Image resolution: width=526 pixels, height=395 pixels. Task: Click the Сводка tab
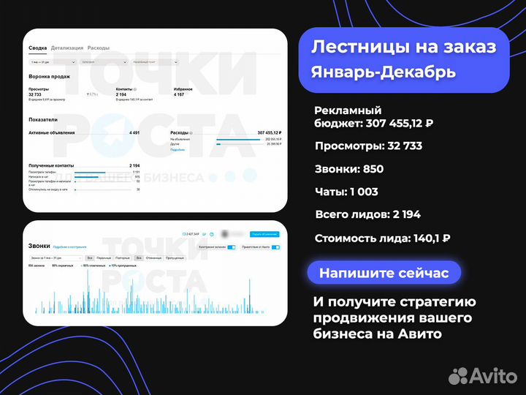[x=38, y=48]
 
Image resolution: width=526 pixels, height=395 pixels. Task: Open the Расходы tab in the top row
[x=99, y=48]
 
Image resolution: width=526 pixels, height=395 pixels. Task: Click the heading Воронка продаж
[x=50, y=76]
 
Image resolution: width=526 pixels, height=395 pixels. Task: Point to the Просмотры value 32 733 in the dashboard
[x=35, y=94]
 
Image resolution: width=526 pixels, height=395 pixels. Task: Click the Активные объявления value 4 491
[x=134, y=133]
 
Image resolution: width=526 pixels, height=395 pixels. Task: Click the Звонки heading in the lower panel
[x=39, y=247]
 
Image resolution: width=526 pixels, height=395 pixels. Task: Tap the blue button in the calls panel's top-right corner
[x=264, y=234]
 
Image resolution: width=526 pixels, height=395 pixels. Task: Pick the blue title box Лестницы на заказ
[x=404, y=48]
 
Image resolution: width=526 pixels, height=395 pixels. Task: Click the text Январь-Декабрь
[x=384, y=72]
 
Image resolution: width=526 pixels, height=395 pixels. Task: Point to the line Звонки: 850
[x=349, y=169]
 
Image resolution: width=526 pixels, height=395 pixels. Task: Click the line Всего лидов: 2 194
[x=367, y=214]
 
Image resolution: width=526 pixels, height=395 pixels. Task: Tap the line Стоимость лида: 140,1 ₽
[x=382, y=238]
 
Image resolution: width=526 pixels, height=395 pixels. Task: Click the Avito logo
[x=481, y=375]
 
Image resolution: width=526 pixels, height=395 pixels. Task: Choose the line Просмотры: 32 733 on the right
[x=368, y=146]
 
